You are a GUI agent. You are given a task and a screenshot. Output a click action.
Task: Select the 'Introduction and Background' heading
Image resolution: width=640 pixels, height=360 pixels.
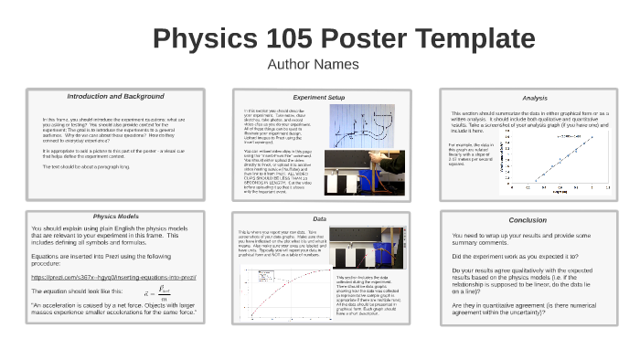115,96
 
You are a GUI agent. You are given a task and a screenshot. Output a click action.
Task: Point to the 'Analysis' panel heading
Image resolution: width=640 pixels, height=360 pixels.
535,98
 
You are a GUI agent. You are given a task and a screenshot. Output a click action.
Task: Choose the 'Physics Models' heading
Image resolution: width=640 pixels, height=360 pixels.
116,217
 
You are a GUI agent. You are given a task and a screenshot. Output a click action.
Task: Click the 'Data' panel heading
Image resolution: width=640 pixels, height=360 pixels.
319,219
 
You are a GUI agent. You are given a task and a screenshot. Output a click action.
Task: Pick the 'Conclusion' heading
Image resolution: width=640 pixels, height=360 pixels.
528,219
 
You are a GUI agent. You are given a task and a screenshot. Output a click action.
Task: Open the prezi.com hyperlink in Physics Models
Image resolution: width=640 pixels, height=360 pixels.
114,276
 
